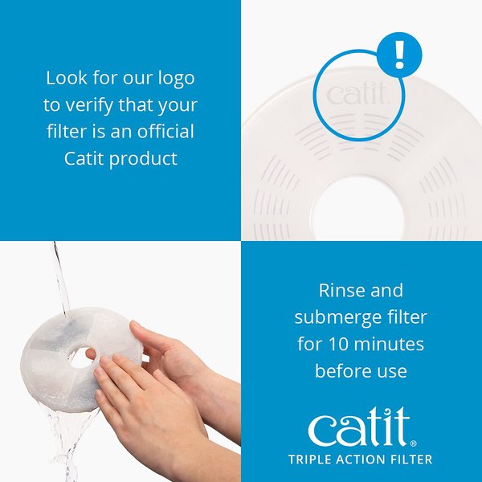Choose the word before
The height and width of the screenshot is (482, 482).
pos(341,370)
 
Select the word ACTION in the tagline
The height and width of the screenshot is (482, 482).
pos(361,460)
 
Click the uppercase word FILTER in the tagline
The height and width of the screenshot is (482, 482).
pos(409,460)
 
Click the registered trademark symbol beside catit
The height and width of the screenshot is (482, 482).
pos(415,442)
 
